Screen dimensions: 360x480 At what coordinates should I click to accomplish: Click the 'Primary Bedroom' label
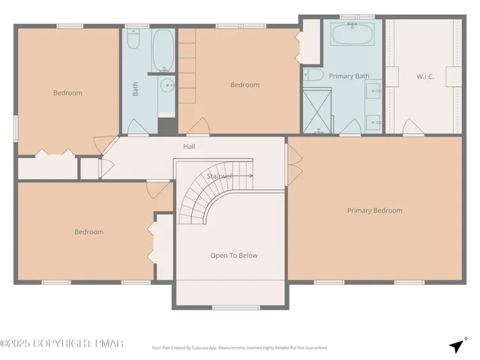click(x=374, y=211)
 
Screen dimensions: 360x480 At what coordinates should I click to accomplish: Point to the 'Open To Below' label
click(x=233, y=256)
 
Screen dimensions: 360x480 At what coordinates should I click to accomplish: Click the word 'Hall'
click(x=189, y=146)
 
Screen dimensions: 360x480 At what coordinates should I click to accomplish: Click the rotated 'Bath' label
click(x=136, y=89)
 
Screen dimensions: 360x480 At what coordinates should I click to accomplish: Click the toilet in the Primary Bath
click(x=313, y=75)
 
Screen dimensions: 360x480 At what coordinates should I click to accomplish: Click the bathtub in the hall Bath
click(x=163, y=49)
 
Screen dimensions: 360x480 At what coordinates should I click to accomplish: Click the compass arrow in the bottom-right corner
click(x=456, y=345)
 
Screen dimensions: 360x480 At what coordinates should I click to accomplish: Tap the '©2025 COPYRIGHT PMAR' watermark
click(x=61, y=343)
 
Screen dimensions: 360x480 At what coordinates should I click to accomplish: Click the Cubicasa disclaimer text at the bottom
click(x=239, y=347)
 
